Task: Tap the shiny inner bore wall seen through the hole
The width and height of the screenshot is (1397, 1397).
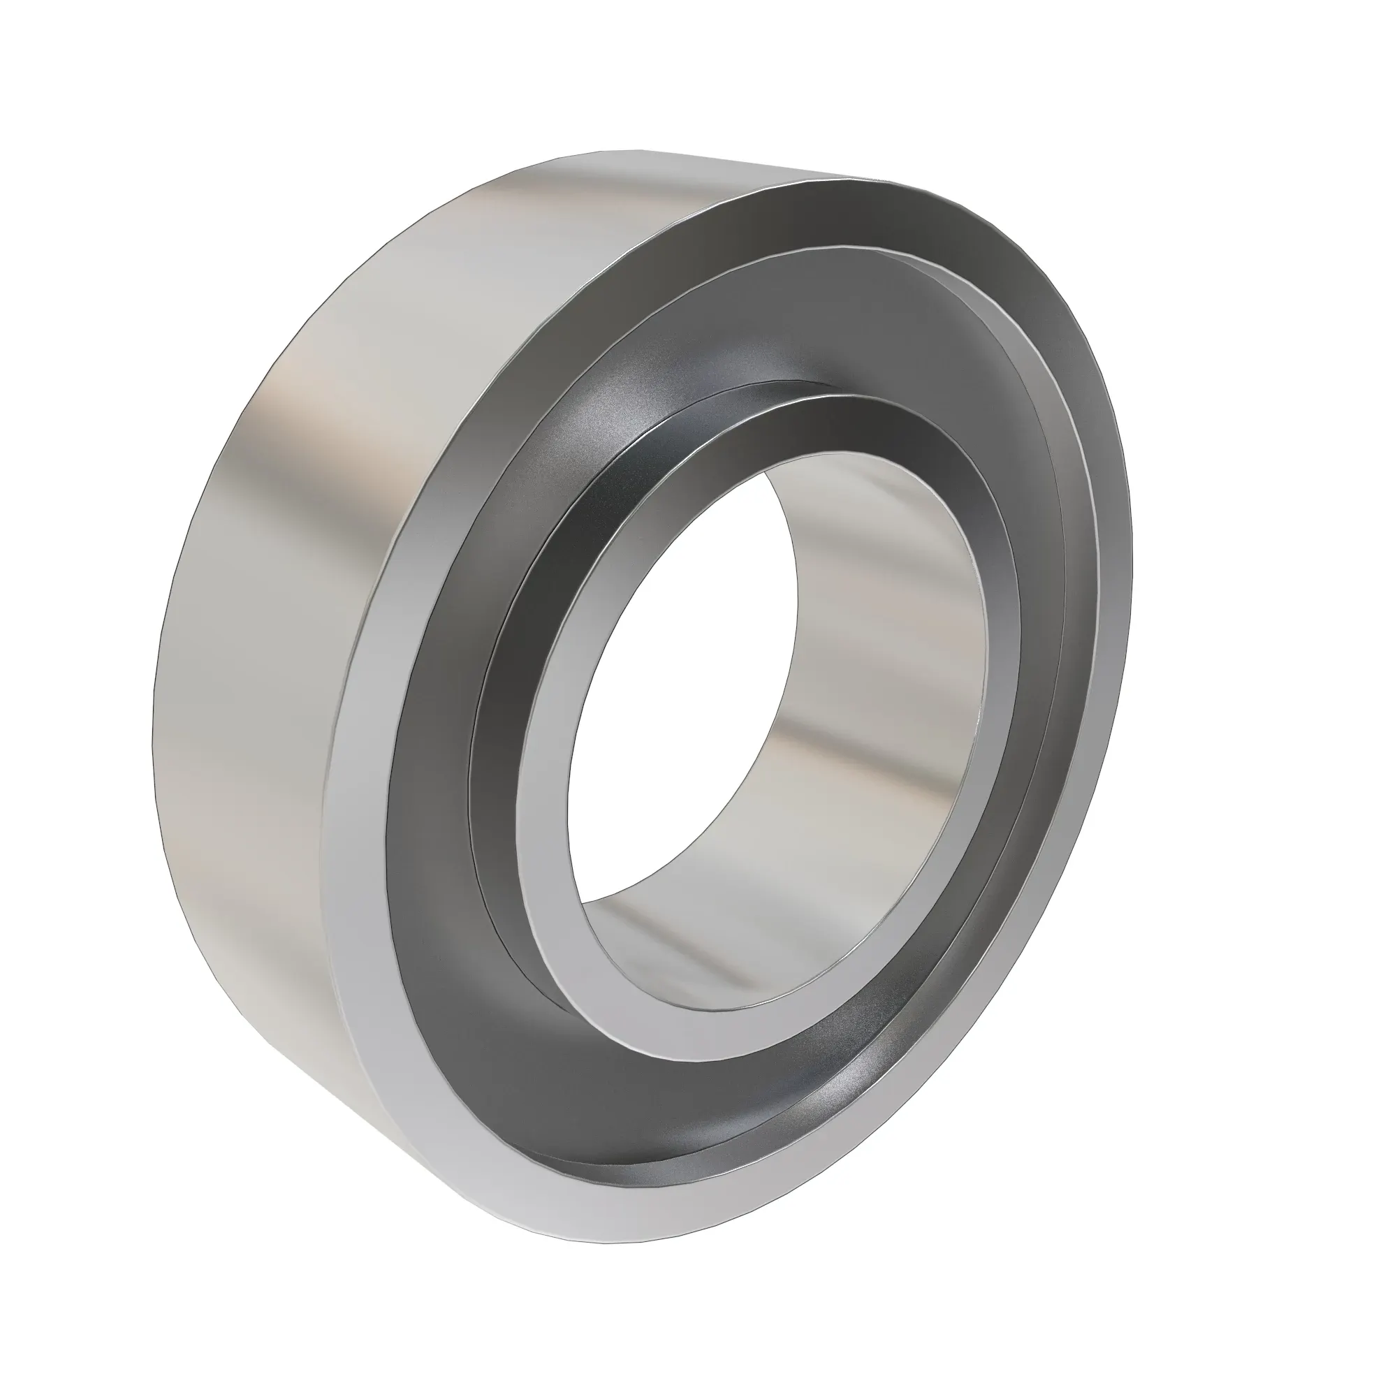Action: click(x=868, y=651)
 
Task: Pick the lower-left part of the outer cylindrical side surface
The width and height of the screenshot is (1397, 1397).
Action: click(x=253, y=904)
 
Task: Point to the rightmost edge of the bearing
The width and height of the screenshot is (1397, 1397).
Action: click(x=1132, y=578)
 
